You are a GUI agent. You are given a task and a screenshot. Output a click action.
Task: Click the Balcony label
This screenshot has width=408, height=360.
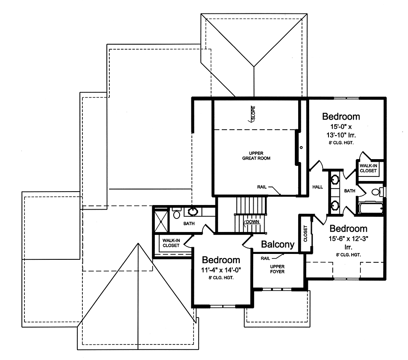pos(278,244)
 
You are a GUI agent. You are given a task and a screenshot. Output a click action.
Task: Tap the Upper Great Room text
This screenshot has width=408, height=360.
pos(256,156)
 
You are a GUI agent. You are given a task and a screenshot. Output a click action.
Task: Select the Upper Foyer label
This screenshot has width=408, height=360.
pos(277,269)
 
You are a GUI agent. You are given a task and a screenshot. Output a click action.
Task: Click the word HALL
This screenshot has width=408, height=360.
pos(318,187)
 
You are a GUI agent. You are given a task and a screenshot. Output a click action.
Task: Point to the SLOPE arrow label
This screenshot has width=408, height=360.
pos(252,114)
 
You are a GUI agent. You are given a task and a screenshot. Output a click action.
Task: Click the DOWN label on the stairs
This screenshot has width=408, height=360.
pos(252,222)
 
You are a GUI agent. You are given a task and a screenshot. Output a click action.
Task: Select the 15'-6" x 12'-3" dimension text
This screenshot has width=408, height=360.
pos(348,239)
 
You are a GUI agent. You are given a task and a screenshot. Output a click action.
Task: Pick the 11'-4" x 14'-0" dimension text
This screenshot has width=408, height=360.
pos(221,270)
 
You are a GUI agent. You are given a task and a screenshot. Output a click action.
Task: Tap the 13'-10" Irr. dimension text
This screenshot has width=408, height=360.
pos(341,135)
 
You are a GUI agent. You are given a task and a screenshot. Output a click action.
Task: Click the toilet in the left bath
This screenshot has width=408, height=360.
pos(176,213)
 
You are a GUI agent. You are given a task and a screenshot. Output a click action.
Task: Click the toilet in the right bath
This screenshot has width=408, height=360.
pos(378,192)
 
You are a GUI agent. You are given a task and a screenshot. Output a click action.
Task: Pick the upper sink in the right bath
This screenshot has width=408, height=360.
pos(334,179)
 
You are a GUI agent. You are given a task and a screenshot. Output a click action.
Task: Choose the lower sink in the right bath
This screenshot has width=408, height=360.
pos(334,205)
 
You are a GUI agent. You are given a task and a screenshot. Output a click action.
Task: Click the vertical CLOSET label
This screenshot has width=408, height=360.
pos(305,233)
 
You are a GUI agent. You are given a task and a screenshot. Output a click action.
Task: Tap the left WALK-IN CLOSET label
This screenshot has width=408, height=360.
pos(171,243)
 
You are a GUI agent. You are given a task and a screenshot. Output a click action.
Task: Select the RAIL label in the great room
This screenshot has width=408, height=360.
pos(262,187)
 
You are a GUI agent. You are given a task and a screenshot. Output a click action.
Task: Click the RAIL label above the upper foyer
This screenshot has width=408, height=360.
pos(265,258)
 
